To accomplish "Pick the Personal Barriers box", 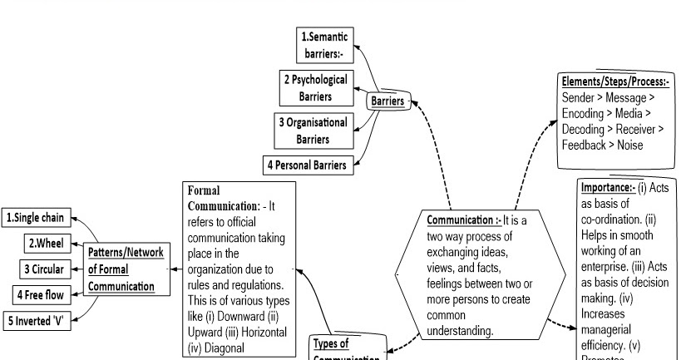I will [306, 165].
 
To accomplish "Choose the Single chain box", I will [36, 219].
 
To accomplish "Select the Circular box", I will [42, 270].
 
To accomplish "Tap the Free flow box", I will [39, 295].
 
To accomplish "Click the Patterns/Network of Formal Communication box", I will [121, 269].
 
